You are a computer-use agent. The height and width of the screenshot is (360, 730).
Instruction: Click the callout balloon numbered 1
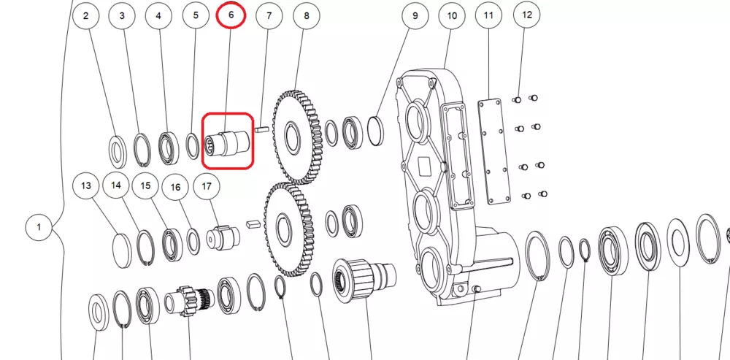[x=39, y=227]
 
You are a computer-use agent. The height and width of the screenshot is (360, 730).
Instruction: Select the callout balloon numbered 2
[x=85, y=16]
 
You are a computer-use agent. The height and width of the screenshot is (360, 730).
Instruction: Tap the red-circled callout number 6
[x=231, y=15]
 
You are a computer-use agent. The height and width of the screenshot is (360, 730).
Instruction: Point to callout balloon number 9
[x=415, y=16]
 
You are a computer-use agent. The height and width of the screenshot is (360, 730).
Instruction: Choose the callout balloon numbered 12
[x=527, y=15]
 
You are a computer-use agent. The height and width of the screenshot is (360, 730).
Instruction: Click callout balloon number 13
[x=86, y=185]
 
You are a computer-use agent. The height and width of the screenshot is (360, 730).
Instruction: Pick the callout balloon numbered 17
[x=207, y=186]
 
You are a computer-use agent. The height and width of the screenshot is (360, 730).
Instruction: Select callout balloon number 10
[x=452, y=16]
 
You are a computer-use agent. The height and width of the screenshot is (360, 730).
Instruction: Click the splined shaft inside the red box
[x=228, y=143]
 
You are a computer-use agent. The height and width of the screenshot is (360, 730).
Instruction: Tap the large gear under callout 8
[x=297, y=137]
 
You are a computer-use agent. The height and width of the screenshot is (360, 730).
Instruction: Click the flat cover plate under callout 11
[x=494, y=151]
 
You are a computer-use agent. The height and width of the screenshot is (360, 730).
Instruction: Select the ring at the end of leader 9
[x=376, y=131]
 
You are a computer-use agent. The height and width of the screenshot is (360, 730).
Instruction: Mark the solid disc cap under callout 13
[x=123, y=250]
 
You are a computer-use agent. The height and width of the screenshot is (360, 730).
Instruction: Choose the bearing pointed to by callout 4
[x=169, y=148]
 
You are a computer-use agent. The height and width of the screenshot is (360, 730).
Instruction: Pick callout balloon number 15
[x=146, y=185]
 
